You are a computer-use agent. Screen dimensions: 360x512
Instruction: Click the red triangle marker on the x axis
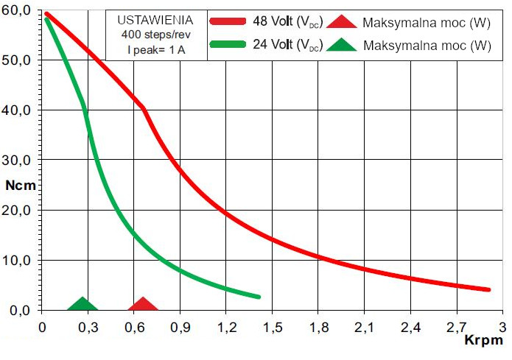click(x=143, y=304)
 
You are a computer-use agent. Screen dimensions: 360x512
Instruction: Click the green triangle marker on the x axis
click(x=82, y=304)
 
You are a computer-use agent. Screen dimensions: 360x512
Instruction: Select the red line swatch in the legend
click(x=234, y=21)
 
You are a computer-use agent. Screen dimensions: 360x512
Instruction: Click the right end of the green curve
click(x=259, y=297)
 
